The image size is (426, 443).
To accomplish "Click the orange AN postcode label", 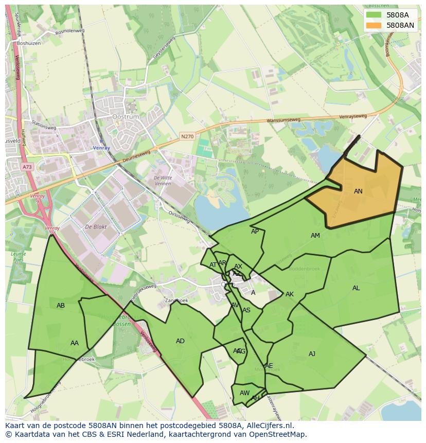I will click(358, 191).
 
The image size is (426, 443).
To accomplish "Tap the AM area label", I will click(315, 236).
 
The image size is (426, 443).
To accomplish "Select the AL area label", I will click(356, 288).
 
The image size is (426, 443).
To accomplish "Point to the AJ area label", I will click(312, 353).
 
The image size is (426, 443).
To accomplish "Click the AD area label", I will click(180, 341).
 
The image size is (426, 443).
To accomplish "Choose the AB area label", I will click(61, 306).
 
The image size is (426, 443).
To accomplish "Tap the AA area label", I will click(75, 343).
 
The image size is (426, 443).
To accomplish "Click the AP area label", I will click(255, 232).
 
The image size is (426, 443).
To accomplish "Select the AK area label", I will click(290, 294).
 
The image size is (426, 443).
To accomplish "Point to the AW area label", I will click(244, 393).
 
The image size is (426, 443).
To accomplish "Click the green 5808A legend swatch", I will click(374, 15).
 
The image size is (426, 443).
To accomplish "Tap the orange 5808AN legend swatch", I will click(374, 25).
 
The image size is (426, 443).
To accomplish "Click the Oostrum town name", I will click(126, 117).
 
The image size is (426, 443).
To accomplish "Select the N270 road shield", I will click(187, 136).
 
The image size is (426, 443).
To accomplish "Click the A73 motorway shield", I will click(27, 167).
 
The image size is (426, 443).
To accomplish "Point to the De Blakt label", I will click(95, 227).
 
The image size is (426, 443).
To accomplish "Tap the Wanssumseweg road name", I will click(283, 121).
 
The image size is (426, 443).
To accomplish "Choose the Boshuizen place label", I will click(28, 43).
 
